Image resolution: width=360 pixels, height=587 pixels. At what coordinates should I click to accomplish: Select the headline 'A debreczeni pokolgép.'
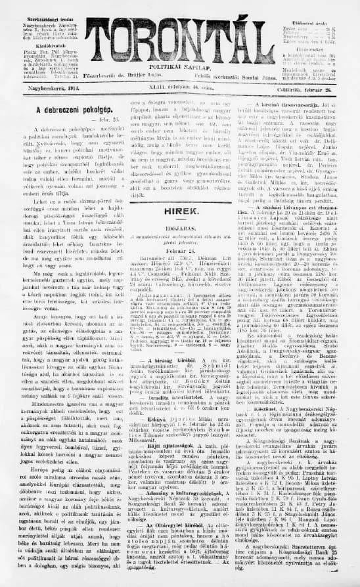(x=64, y=112)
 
